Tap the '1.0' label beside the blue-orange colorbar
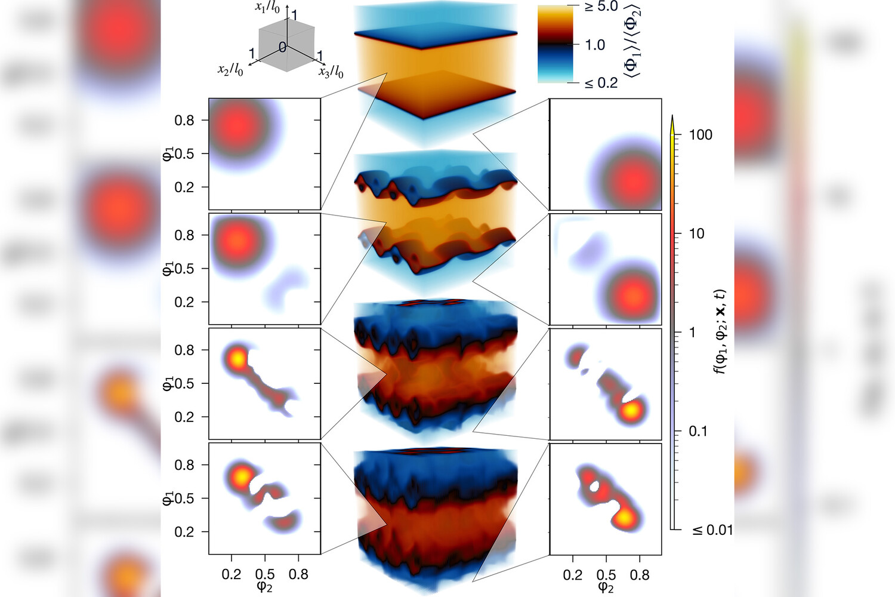[595, 45]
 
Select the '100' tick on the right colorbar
[700, 135]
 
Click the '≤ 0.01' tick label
[712, 530]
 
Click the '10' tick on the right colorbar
[696, 233]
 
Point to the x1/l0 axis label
[267, 8]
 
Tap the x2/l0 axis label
[230, 70]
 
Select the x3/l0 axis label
[331, 72]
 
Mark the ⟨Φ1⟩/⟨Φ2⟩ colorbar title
[632, 41]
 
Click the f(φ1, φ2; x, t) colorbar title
[720, 331]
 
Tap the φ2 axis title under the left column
[264, 587]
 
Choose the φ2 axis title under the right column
[606, 587]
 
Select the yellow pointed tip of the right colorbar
[672, 124]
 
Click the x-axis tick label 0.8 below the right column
[640, 575]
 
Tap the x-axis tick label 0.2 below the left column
[232, 575]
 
